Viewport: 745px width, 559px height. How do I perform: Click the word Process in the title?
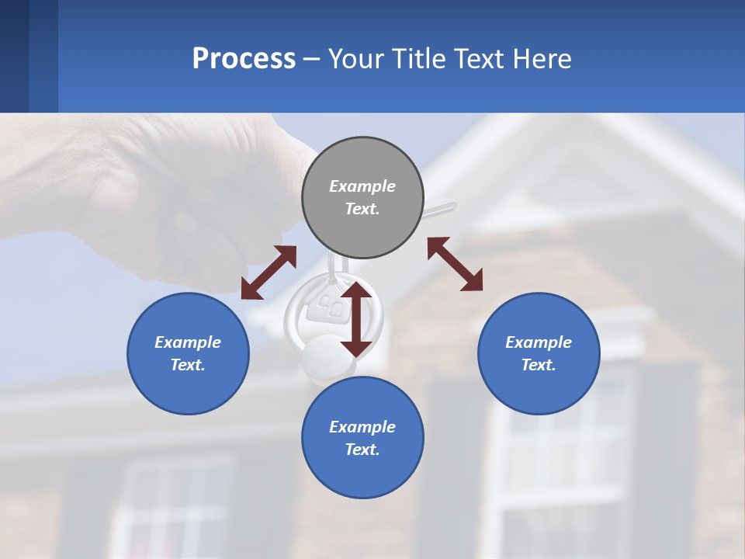(244, 59)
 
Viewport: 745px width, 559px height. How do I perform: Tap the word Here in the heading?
(541, 59)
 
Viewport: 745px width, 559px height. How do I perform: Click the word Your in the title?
(358, 59)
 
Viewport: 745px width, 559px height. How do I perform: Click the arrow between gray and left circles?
(269, 273)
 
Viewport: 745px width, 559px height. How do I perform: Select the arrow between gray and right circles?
(455, 264)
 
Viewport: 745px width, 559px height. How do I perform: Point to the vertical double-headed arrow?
(356, 318)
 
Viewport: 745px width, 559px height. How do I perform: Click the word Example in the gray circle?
(362, 186)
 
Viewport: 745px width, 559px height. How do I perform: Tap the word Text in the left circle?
(187, 365)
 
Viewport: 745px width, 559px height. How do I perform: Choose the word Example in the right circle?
(539, 342)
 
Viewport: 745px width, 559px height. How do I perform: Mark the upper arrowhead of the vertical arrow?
(356, 291)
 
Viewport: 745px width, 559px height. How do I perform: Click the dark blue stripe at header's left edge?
(14, 56)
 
